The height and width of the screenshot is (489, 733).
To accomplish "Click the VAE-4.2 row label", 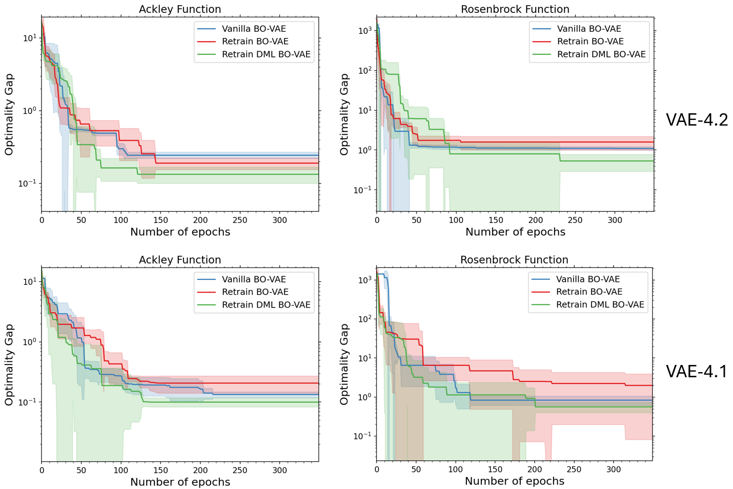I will click(x=697, y=120).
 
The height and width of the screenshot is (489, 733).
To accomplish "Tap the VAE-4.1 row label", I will click(x=697, y=371).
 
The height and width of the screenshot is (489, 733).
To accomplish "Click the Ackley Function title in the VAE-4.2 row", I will click(x=180, y=9).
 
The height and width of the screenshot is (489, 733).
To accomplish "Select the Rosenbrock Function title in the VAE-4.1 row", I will click(x=514, y=260).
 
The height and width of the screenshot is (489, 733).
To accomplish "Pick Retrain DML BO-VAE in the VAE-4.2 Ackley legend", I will click(x=266, y=54).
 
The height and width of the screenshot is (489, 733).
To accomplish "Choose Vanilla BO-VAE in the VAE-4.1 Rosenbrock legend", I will click(x=588, y=279).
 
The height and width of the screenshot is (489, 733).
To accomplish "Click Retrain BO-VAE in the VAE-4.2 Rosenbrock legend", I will click(x=591, y=42).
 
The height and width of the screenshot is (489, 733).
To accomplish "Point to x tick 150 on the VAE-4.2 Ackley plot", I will click(x=160, y=220).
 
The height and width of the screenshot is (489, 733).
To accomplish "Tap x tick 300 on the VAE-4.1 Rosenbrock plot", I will click(x=614, y=470).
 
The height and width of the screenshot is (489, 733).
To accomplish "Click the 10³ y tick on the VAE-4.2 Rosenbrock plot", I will click(x=364, y=31).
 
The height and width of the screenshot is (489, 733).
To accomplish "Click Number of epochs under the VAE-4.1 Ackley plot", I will click(x=180, y=482).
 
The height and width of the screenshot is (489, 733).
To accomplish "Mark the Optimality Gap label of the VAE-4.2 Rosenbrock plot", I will click(x=344, y=114).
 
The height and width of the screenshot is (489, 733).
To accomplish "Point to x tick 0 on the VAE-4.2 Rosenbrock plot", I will click(x=377, y=220).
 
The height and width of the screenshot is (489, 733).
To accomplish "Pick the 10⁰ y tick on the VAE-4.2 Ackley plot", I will click(x=28, y=111).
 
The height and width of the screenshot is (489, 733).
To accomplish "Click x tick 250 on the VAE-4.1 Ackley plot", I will click(x=240, y=471).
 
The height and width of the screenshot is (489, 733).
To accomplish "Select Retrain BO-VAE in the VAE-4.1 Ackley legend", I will click(x=255, y=292).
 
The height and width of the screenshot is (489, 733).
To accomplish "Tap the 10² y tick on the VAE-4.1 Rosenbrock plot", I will click(x=364, y=319).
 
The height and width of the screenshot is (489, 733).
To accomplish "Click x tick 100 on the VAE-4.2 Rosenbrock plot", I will click(x=456, y=220).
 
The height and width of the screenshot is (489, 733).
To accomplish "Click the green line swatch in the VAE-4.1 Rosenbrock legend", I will click(x=541, y=304).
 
